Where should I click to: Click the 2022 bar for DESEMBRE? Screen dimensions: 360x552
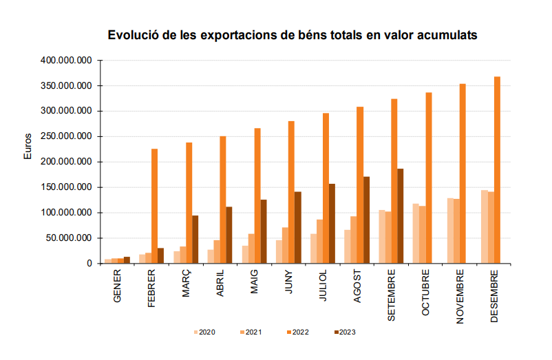click(497, 169)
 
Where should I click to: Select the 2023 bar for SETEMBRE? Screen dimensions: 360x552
click(401, 215)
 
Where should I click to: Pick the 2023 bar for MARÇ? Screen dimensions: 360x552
click(195, 239)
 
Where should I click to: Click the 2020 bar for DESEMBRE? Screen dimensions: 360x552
click(485, 226)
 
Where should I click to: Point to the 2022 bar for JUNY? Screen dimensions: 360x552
click(291, 192)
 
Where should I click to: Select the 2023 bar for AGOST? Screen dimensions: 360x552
click(366, 220)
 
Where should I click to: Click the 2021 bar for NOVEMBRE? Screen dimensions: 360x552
click(456, 231)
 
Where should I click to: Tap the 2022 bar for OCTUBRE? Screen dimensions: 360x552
click(428, 178)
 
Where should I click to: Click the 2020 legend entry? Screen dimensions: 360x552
click(204, 332)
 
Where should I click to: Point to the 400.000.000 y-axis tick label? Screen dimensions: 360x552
click(66, 61)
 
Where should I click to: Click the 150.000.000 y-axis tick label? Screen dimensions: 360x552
click(66, 187)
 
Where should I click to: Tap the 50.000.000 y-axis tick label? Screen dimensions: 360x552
click(69, 238)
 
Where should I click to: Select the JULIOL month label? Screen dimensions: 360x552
click(323, 286)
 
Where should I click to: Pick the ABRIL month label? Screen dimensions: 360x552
click(220, 284)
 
